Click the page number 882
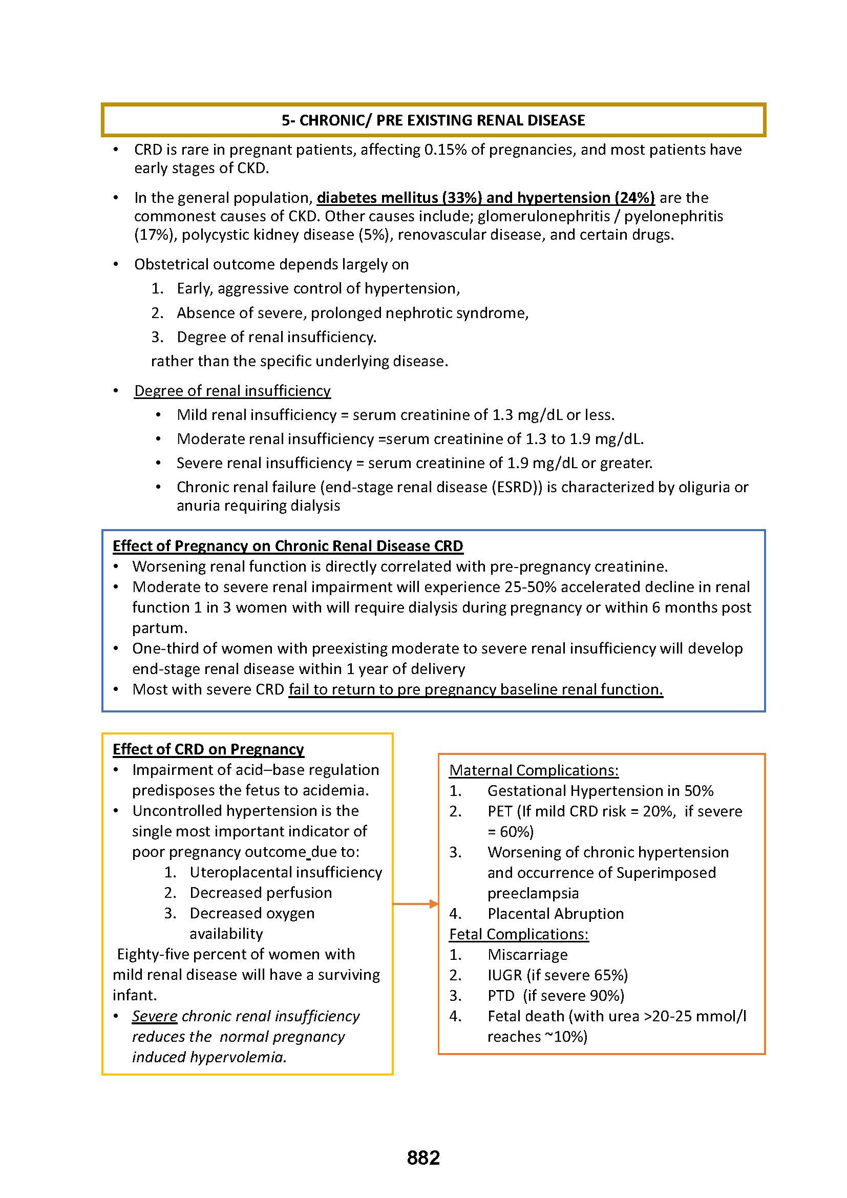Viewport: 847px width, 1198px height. [x=423, y=1158]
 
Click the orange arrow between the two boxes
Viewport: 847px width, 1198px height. [x=415, y=903]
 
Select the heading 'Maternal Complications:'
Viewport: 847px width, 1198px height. [x=534, y=770]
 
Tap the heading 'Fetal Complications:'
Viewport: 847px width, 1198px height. [x=518, y=934]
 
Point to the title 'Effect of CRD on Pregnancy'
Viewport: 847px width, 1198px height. [x=208, y=749]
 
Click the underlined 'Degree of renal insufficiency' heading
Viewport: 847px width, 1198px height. [x=232, y=390]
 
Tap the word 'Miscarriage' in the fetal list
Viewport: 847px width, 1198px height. [x=527, y=954]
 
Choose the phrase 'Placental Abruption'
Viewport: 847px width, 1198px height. [x=556, y=914]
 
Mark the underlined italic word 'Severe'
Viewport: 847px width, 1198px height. [x=154, y=1016]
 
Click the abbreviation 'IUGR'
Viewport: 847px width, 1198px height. [x=504, y=975]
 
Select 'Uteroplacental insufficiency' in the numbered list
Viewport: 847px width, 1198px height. [x=286, y=872]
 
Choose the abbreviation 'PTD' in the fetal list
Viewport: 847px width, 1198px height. [x=501, y=996]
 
